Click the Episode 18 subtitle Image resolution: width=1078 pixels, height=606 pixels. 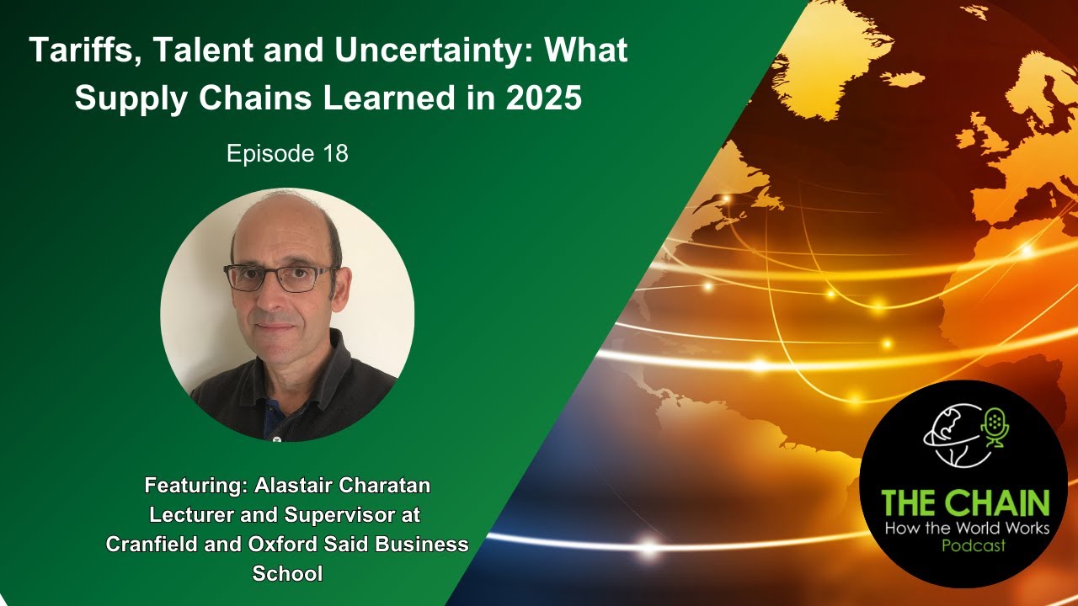(x=287, y=154)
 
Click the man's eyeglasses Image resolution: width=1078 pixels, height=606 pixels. (x=280, y=277)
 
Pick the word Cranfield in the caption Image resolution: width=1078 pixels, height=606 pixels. (x=152, y=544)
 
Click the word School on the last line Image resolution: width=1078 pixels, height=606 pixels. (x=287, y=573)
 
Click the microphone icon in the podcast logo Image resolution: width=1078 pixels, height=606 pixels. (x=995, y=425)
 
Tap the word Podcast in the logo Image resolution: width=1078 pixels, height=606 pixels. (x=965, y=545)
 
